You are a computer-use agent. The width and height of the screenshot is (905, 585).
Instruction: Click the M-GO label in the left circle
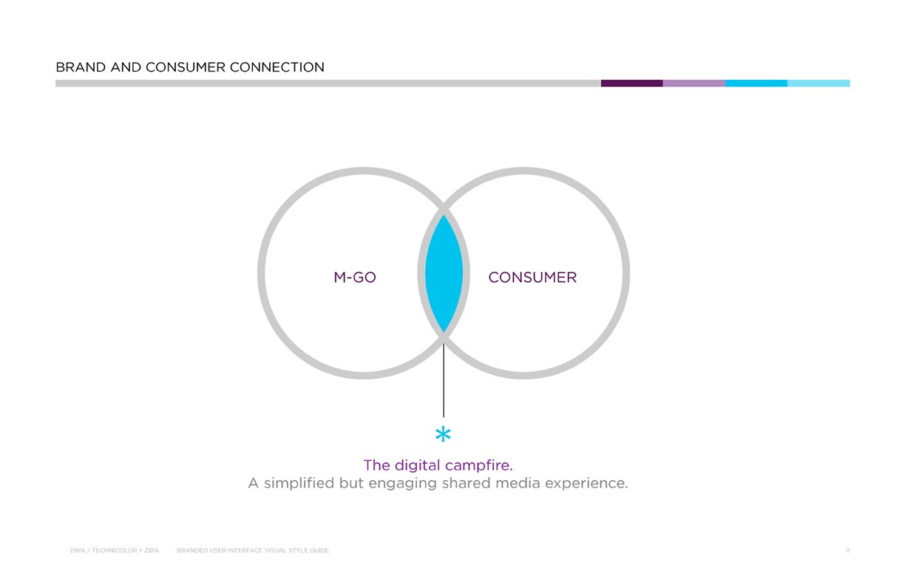coord(355,278)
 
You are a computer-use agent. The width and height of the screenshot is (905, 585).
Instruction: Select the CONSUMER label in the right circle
coord(532,278)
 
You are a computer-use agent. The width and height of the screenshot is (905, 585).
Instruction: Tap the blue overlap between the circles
coord(444,273)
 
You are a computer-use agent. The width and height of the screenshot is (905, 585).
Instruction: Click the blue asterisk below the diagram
coord(443,434)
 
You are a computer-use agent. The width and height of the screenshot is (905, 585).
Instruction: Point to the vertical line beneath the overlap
coord(444,380)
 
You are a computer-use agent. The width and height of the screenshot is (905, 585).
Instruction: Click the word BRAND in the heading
coord(81,67)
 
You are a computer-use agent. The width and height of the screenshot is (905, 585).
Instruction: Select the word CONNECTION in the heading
coord(277,67)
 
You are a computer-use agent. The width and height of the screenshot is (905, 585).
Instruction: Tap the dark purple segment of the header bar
coord(632,83)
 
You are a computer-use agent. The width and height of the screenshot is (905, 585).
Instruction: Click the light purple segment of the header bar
coord(694,83)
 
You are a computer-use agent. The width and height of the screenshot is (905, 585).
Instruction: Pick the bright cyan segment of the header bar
coord(756,83)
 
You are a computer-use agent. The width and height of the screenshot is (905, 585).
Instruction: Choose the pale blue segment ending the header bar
coord(818,83)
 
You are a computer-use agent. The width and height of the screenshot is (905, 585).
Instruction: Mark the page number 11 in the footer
coord(847,550)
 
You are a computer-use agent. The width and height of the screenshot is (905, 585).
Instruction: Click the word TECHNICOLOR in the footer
coord(115,550)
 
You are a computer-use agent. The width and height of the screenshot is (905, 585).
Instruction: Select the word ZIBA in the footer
coord(152,550)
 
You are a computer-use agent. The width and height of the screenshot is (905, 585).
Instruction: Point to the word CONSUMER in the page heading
coord(185,67)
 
